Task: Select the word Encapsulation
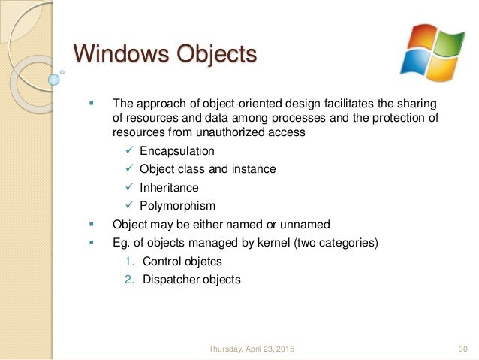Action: (176, 151)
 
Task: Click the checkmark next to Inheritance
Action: (129, 187)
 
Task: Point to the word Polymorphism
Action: (177, 205)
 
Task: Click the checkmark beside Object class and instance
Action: (129, 169)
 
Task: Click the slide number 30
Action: (462, 349)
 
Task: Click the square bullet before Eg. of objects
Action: (92, 243)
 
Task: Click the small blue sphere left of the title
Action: (53, 78)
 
